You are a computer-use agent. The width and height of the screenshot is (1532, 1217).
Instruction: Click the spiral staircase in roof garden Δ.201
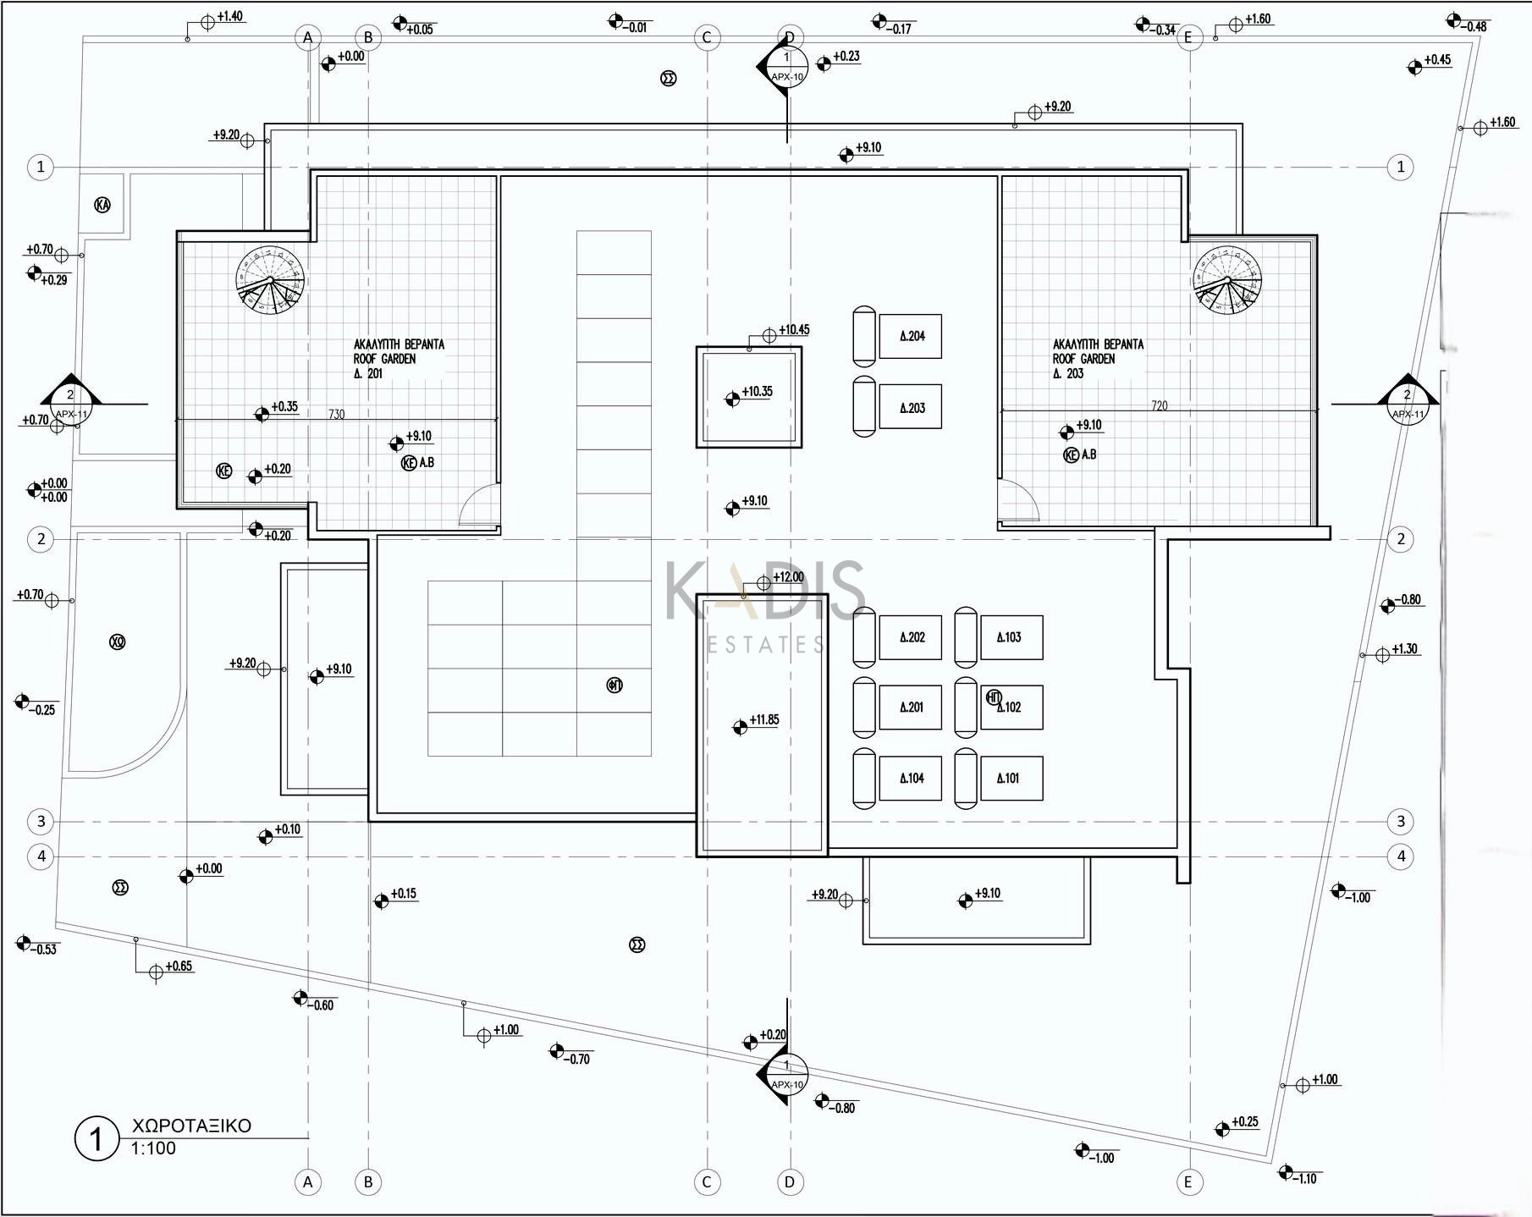270,280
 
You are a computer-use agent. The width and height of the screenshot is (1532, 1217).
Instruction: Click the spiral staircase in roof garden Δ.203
1227,279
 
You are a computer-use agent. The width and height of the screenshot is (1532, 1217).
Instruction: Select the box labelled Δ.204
911,336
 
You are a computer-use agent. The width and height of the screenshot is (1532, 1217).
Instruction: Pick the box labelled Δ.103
1011,637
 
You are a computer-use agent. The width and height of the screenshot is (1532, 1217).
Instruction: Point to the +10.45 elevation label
794,330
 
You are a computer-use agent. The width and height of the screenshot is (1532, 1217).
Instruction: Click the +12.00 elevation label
788,577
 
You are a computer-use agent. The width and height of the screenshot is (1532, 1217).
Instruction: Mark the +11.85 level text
763,720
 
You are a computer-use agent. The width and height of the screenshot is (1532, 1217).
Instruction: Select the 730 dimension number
336,415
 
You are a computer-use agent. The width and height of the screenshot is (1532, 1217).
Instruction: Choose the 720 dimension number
1159,406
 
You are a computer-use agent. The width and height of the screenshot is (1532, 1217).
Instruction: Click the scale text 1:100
153,1148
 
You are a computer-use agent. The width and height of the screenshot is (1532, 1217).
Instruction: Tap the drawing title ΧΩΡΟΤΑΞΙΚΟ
191,1126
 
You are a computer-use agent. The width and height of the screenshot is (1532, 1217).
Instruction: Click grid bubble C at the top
707,37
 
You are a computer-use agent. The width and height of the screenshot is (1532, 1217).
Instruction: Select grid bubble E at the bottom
1188,1182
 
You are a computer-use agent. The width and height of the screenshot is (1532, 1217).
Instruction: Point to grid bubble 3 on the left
41,821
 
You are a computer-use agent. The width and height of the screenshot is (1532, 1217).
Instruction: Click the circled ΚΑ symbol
102,205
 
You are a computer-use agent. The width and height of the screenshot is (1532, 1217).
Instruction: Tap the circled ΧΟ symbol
118,642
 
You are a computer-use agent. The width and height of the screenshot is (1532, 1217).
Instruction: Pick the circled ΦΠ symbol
614,685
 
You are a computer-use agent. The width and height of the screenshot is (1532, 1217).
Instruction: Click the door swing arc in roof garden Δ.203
1019,501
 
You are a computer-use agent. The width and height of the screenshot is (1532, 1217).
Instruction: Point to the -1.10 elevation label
1306,1179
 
